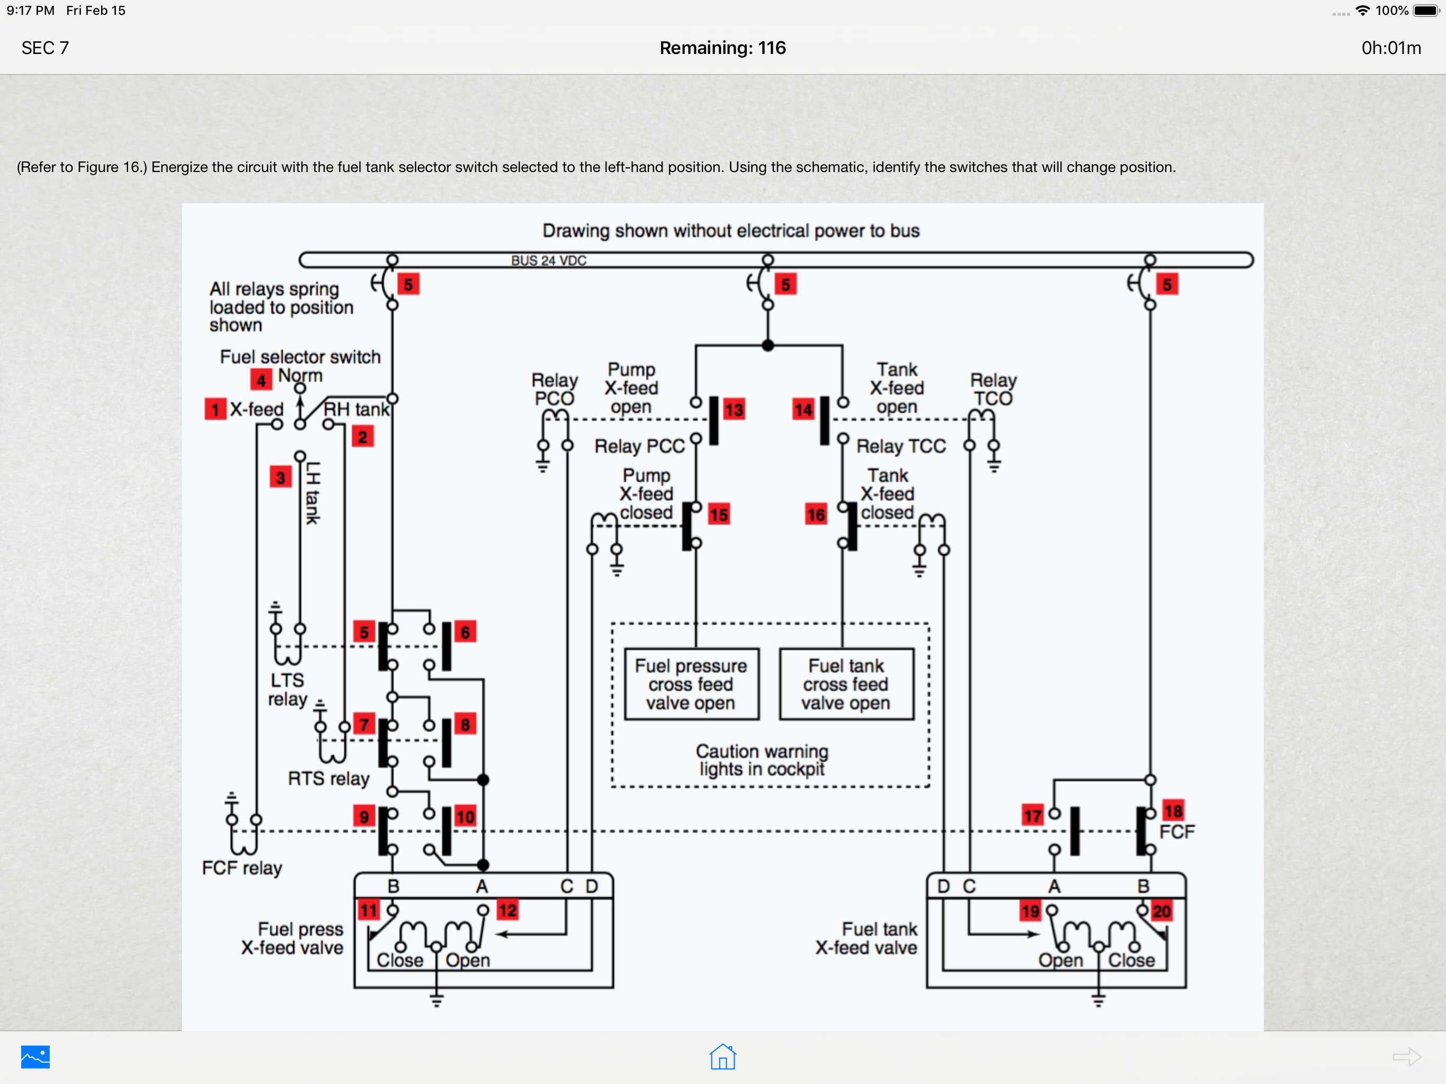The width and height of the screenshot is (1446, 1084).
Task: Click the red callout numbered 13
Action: point(734,409)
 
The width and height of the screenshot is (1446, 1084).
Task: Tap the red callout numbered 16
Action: point(816,514)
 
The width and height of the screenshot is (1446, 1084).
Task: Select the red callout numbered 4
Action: point(261,380)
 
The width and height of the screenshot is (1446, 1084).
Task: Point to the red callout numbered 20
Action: point(1162,911)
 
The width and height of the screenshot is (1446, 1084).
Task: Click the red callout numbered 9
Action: point(364,816)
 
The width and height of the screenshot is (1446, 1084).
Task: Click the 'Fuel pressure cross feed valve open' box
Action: point(692,684)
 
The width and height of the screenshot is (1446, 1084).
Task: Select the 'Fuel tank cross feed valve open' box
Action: point(846,684)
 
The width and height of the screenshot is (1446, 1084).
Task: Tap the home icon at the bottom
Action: point(723,1056)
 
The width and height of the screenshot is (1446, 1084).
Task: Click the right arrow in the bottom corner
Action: point(1407,1056)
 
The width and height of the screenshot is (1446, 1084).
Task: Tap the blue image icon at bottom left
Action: point(35,1056)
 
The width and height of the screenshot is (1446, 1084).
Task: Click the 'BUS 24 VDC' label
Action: point(548,260)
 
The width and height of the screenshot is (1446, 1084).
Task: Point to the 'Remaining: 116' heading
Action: point(722,48)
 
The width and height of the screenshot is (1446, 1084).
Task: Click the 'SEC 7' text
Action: point(45,48)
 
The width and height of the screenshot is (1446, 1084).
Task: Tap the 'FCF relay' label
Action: point(242,868)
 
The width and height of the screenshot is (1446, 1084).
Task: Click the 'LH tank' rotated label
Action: point(312,492)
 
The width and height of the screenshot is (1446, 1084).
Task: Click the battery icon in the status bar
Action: point(1426,11)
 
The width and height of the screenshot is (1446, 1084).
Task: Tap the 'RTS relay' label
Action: point(329,779)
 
